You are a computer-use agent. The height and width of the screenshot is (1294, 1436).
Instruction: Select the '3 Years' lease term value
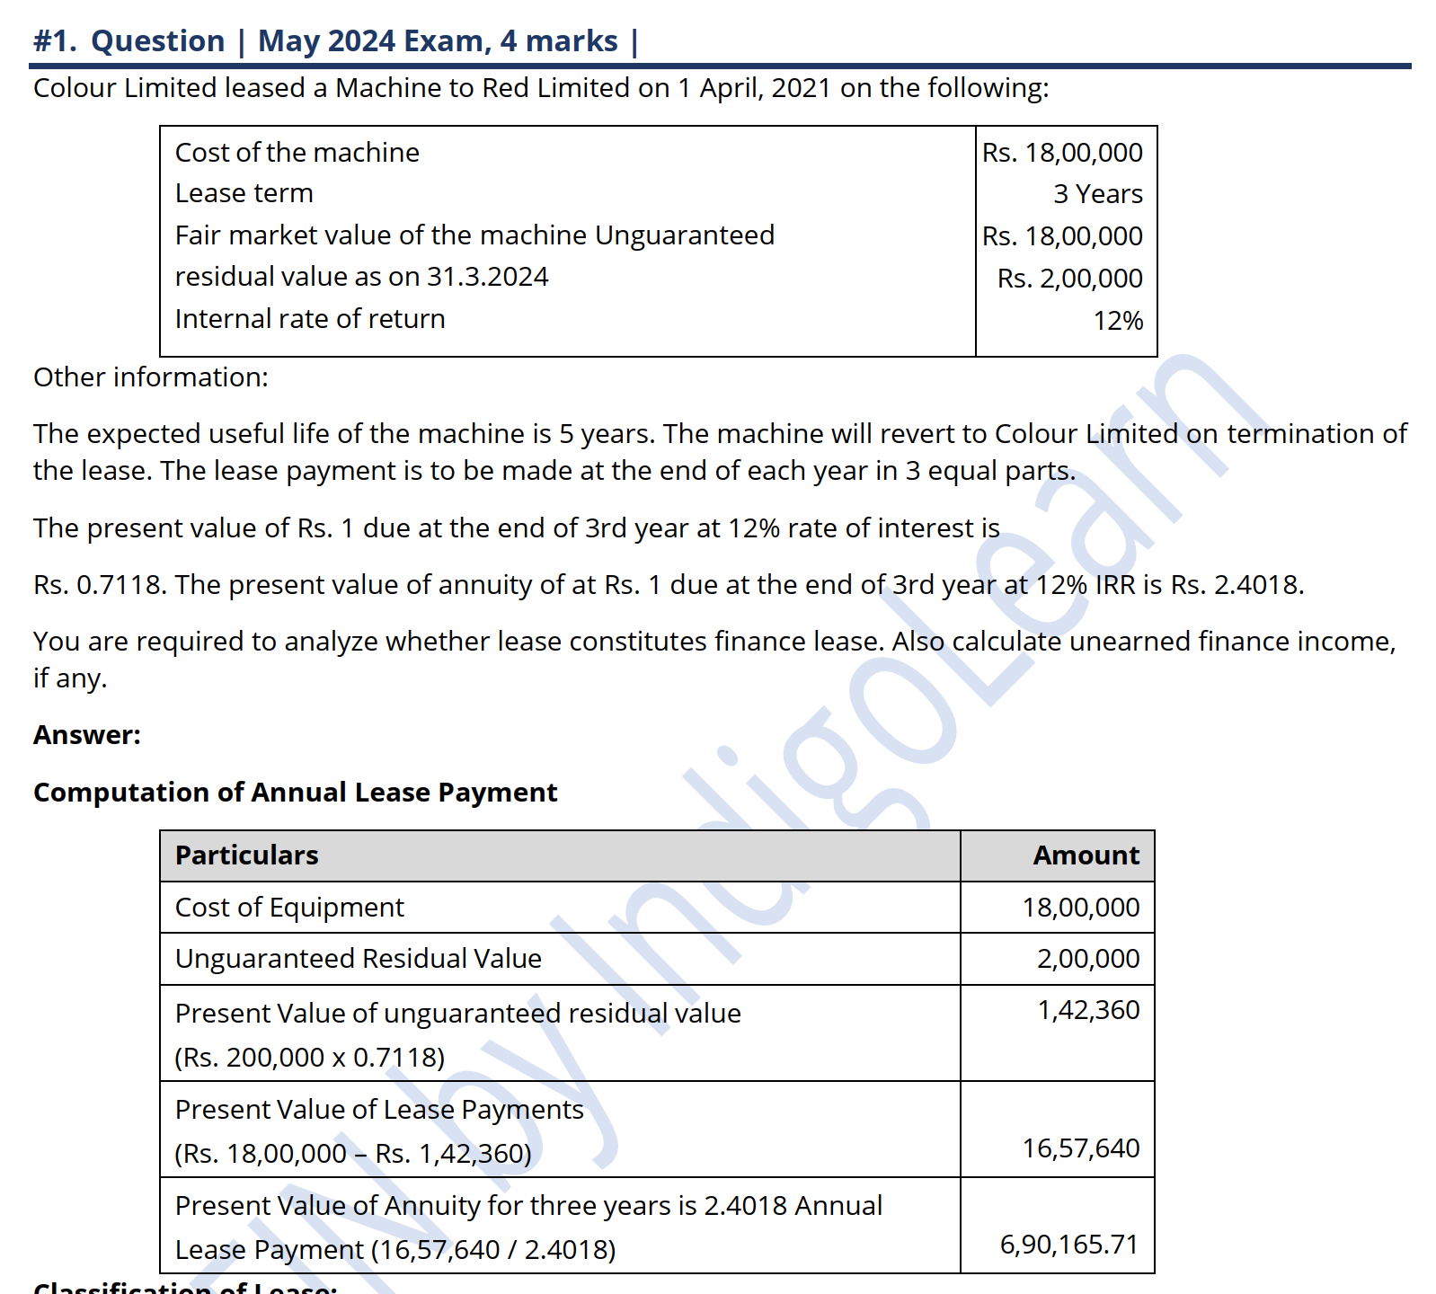click(1097, 194)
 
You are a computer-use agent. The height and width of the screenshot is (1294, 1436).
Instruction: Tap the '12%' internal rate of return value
click(1118, 321)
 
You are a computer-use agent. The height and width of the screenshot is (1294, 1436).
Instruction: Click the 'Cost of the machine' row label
click(297, 153)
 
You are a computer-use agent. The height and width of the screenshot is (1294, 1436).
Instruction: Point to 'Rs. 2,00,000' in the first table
click(1069, 279)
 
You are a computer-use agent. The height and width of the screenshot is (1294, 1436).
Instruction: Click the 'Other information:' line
click(151, 377)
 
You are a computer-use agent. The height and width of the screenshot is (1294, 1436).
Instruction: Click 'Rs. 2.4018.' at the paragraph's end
click(1237, 585)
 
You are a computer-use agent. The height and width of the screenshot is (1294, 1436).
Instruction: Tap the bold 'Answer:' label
click(87, 735)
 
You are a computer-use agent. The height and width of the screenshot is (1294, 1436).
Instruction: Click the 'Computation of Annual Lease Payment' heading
click(295, 793)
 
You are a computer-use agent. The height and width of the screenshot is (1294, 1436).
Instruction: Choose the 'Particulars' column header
click(246, 855)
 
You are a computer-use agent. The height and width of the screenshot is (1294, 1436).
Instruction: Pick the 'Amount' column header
click(1086, 855)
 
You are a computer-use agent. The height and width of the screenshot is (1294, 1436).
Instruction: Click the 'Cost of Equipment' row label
click(289, 908)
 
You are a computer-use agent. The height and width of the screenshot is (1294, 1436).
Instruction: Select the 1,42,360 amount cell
click(1088, 1010)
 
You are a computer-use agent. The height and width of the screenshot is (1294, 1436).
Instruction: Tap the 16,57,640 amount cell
click(1080, 1148)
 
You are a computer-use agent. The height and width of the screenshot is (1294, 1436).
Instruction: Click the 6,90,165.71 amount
click(1068, 1245)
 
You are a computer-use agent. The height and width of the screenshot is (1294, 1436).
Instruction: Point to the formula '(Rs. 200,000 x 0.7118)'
click(309, 1058)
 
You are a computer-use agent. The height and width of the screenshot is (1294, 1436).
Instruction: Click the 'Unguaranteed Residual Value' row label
click(358, 959)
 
